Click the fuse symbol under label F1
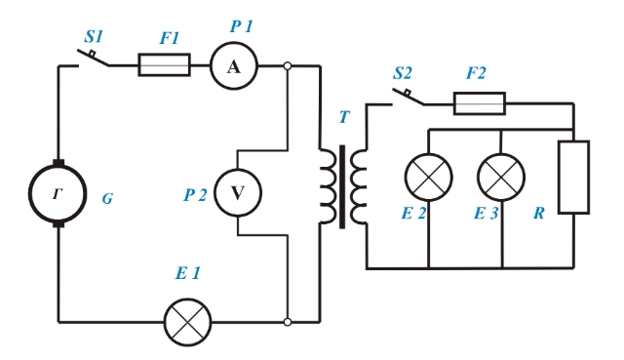(165, 65)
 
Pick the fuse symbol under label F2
(480, 103)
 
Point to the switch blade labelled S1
(93, 58)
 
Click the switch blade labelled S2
(408, 97)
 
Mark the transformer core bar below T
(342, 187)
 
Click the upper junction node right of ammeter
(288, 65)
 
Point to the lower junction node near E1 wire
(288, 322)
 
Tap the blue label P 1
(242, 26)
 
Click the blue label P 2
(195, 195)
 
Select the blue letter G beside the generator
(107, 198)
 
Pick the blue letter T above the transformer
(344, 117)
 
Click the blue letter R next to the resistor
(539, 214)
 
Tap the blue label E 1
(188, 273)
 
